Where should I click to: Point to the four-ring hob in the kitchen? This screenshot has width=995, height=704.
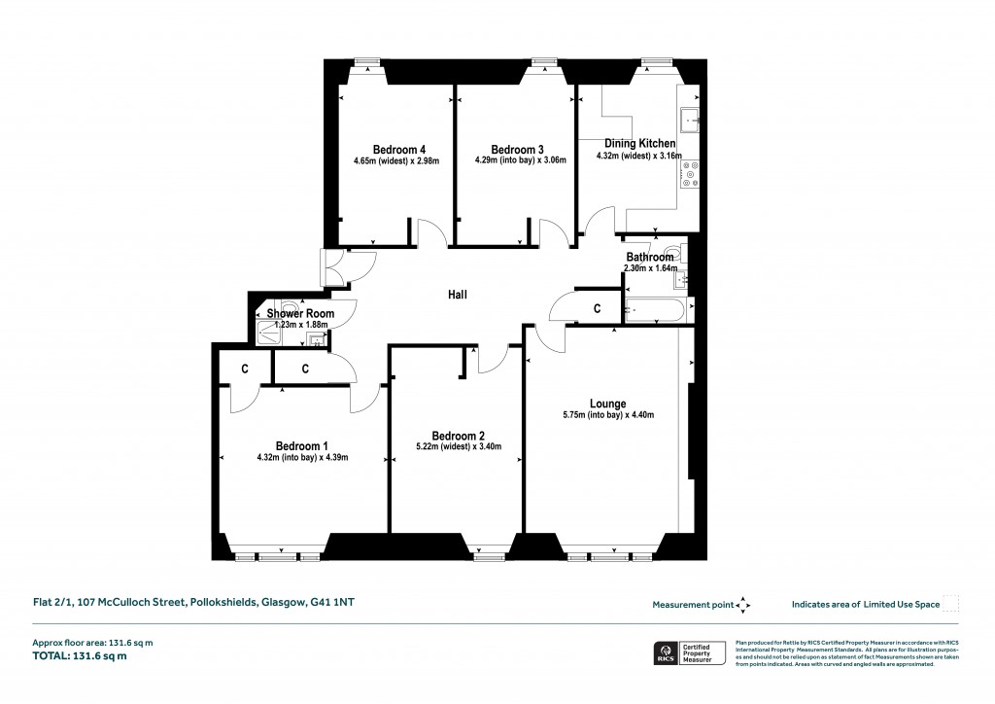692,173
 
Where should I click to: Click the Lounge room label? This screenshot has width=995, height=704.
607,404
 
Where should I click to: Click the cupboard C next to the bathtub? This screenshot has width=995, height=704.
597,308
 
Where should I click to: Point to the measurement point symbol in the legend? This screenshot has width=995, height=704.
743,604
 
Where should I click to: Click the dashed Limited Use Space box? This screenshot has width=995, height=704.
951,604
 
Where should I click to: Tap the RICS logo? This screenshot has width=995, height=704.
667,654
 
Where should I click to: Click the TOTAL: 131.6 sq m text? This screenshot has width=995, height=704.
82,656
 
